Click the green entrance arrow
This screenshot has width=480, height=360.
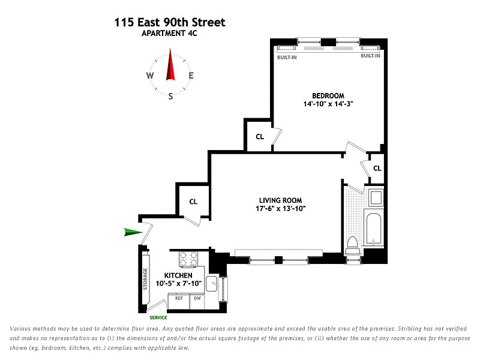click(x=133, y=232)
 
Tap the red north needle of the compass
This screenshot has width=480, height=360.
click(x=170, y=65)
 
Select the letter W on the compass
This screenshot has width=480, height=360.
click(x=149, y=76)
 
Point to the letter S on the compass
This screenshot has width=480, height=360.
click(x=170, y=97)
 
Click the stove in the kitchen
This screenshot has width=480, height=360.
click(x=188, y=259)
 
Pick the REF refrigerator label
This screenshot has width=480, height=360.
click(x=179, y=298)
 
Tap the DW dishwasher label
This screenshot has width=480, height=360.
click(x=197, y=298)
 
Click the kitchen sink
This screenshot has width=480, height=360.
click(x=212, y=284)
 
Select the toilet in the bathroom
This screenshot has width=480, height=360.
click(x=352, y=245)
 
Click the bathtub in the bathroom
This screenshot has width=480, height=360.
click(x=373, y=229)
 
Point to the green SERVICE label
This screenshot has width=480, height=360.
click(x=158, y=317)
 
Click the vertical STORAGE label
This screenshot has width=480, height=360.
click(x=145, y=279)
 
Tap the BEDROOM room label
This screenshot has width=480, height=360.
click(x=328, y=95)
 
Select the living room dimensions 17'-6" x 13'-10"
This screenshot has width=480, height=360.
click(x=281, y=208)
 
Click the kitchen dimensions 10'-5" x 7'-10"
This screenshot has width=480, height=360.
click(x=178, y=283)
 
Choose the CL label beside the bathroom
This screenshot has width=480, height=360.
click(x=377, y=168)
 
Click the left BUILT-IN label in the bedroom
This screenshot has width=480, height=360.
click(x=287, y=57)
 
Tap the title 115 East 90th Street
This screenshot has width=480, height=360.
click(x=170, y=22)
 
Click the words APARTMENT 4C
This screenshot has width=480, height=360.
click(x=169, y=33)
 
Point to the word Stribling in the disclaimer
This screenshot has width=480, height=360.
click(x=410, y=328)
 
